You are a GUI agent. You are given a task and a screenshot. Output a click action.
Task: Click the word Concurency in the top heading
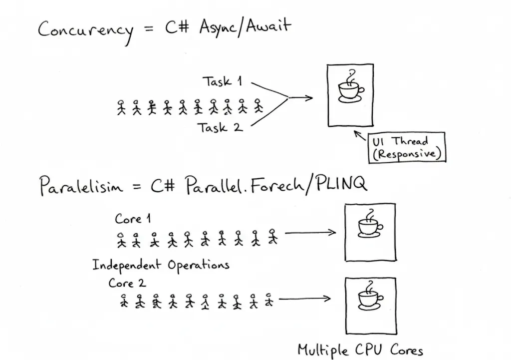pyautogui.click(x=85, y=31)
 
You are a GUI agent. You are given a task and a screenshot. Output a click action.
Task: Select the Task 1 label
pyautogui.click(x=222, y=81)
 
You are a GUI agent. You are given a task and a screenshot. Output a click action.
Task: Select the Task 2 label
pyautogui.click(x=220, y=128)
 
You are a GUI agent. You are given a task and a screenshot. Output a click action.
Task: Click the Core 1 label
pyautogui.click(x=133, y=219)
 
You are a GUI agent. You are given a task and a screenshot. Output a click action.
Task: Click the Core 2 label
pyautogui.click(x=127, y=283)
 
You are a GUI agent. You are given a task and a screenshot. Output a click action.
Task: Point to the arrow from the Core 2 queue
pyautogui.click(x=304, y=299)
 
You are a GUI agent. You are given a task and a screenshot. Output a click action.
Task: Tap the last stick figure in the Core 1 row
pyautogui.click(x=272, y=236)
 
